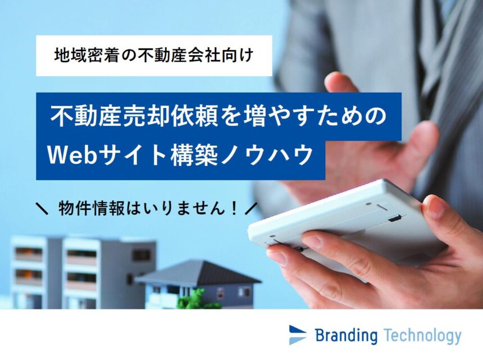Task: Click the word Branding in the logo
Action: pyautogui.click(x=346, y=335)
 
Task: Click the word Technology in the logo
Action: pyautogui.click(x=423, y=335)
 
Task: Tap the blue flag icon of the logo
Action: pyautogui.click(x=298, y=335)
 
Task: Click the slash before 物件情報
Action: pyautogui.click(x=42, y=208)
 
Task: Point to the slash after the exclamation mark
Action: pyautogui.click(x=250, y=208)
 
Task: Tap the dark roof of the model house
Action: pyautogui.click(x=199, y=273)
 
